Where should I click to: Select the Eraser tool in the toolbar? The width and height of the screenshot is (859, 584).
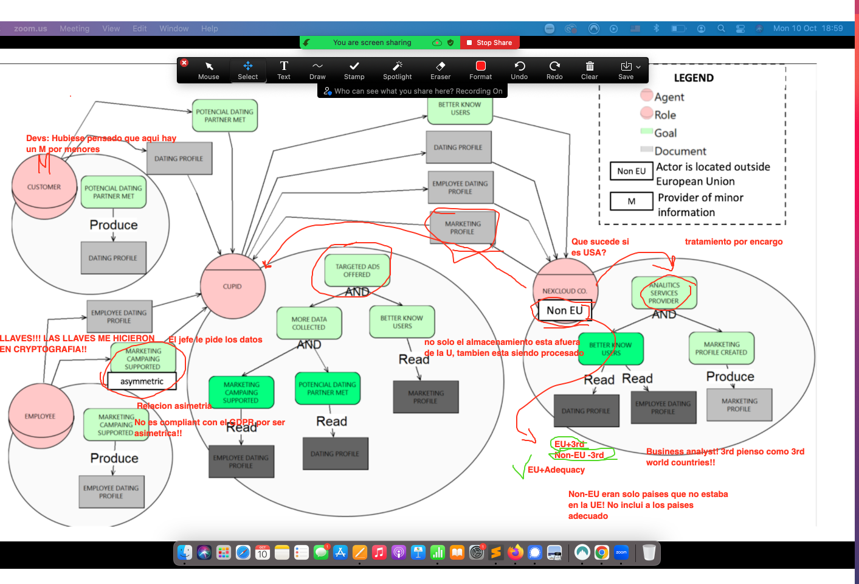pos(440,70)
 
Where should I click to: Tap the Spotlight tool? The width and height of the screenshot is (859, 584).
pos(397,70)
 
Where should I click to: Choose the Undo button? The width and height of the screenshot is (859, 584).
pos(519,70)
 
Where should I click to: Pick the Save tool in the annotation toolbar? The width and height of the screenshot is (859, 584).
pos(626,70)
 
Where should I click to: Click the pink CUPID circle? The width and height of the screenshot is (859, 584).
pos(233,287)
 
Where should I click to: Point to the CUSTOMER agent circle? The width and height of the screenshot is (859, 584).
pos(44,187)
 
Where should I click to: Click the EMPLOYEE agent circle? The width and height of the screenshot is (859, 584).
pos(40,416)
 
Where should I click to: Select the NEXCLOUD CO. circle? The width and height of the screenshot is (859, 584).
pos(565,286)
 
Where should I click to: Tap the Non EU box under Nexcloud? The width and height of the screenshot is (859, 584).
pos(564,311)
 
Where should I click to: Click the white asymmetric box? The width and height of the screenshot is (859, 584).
pos(142,381)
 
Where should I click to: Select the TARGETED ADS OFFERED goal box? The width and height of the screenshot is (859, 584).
pos(357,271)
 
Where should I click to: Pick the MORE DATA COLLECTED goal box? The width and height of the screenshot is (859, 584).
pos(309,323)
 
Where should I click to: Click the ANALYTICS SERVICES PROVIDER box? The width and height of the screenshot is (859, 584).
pos(664,293)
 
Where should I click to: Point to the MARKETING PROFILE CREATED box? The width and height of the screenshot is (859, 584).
pos(721,348)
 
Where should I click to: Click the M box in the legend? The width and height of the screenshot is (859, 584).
pos(632,201)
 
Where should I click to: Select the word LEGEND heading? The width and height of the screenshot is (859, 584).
pos(694,78)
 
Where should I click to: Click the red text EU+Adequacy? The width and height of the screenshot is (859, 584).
pos(556,470)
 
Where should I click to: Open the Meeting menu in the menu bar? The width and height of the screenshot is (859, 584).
pos(74,29)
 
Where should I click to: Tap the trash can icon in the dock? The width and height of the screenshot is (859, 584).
pos(649,552)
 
